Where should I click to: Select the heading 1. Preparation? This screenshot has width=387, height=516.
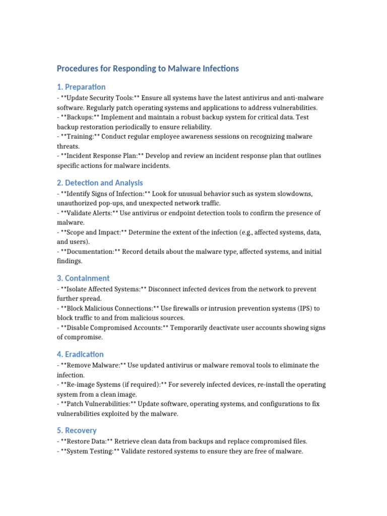tap(81, 87)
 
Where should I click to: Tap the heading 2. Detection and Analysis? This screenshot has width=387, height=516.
tap(100, 183)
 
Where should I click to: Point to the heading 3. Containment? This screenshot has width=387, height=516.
tap(83, 278)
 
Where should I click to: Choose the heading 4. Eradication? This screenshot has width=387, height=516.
tap(80, 354)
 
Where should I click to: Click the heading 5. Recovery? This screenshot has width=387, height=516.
tap(77, 430)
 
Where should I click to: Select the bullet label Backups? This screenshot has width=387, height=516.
tap(79, 117)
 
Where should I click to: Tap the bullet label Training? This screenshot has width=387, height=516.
tap(78, 137)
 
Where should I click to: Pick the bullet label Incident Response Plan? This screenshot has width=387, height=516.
tap(98, 156)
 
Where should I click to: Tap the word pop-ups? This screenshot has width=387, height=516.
tap(120, 204)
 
